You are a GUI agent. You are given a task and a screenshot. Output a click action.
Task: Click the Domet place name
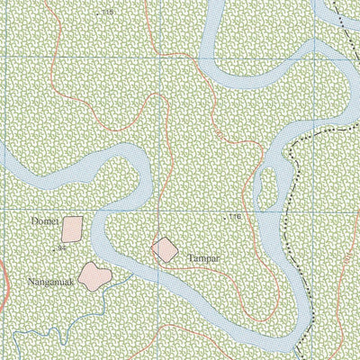[x=42, y=220]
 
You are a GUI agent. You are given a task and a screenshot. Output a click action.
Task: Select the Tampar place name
[x=204, y=257]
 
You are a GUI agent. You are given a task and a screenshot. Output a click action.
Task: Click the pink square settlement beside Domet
[x=73, y=228]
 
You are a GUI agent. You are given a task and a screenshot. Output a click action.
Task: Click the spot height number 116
[x=237, y=217]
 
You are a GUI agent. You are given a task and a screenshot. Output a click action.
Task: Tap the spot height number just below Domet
[x=62, y=246]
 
